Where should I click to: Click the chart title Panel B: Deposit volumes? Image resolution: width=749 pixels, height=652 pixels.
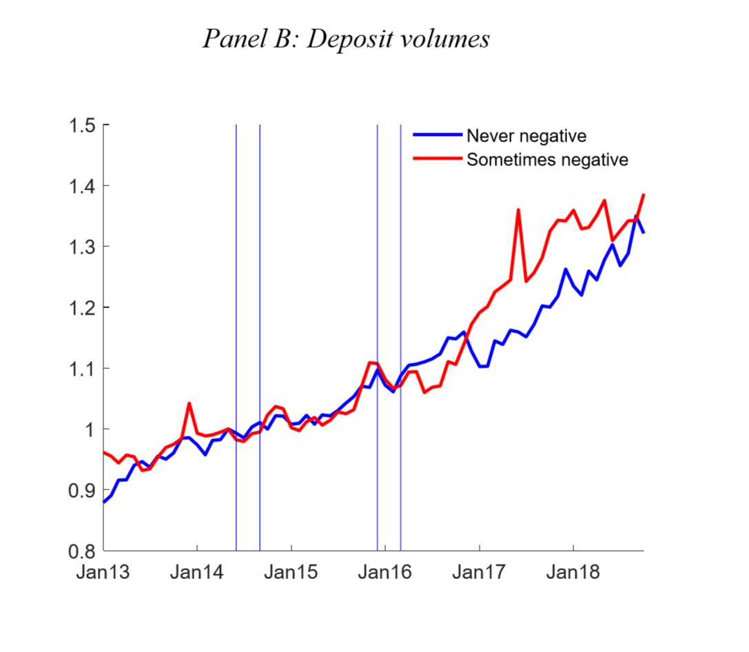point(346,39)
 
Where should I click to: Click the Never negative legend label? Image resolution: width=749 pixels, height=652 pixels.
point(526,136)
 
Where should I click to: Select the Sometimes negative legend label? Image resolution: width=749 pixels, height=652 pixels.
point(547,160)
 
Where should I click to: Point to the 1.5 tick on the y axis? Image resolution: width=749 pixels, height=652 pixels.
point(85,125)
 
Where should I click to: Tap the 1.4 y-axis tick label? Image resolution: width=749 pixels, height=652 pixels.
point(85,186)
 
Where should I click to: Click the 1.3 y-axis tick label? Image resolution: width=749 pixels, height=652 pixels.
point(85,247)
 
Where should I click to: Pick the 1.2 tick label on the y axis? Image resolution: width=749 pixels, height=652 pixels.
point(85,307)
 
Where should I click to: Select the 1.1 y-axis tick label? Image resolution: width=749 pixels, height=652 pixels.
point(85,368)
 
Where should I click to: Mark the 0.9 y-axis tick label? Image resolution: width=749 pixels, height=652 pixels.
point(85,490)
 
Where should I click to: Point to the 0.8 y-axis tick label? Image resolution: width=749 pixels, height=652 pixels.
point(85,551)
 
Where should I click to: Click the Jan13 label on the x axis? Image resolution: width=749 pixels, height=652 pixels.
point(103,573)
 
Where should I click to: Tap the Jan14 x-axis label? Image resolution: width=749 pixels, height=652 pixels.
point(197,573)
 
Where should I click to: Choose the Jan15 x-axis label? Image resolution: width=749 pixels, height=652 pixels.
point(291,573)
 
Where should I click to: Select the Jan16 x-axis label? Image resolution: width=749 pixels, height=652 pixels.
point(385,573)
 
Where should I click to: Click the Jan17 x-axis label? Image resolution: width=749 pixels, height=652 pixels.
point(479,573)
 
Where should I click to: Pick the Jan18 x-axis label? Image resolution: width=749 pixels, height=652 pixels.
point(573,573)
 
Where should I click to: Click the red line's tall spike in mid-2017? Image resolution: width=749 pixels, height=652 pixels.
point(518,210)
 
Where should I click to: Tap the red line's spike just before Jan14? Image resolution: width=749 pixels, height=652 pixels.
point(189,403)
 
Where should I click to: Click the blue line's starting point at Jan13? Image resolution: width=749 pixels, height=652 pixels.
point(104,502)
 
